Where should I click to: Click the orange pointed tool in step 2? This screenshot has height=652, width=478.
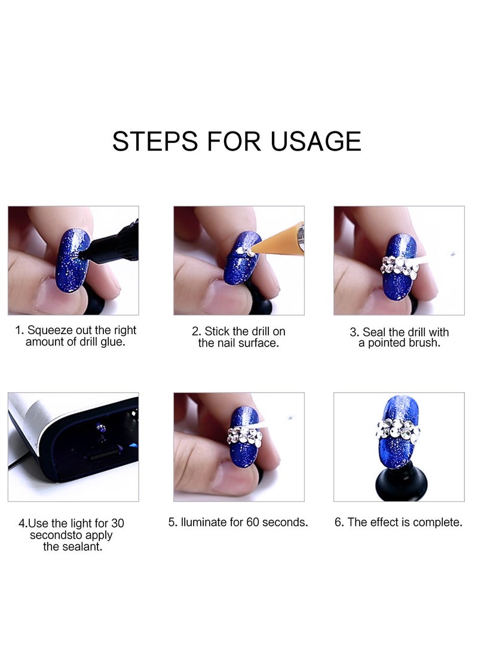click(x=278, y=239)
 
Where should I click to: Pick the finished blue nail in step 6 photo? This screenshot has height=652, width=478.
click(x=399, y=430)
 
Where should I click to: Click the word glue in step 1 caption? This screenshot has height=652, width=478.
click(x=113, y=342)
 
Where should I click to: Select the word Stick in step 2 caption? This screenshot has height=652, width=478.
click(x=219, y=331)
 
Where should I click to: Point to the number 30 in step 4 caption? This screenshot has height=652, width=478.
click(x=118, y=524)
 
